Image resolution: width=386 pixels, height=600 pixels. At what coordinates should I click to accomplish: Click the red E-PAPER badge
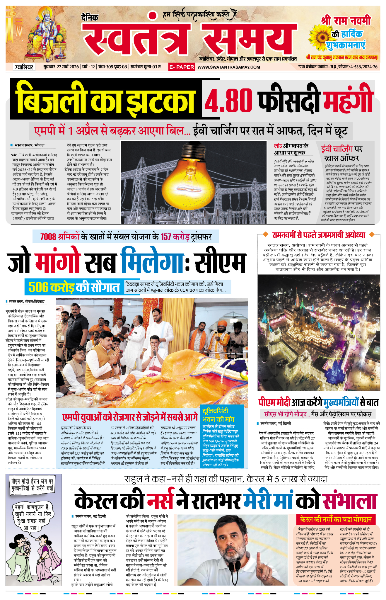tap(182, 67)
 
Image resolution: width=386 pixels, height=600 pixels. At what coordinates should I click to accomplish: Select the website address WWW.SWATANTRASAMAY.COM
tap(229, 67)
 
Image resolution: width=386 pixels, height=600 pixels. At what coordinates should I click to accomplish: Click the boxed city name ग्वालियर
tap(24, 67)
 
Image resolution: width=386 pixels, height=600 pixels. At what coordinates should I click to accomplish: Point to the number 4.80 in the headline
tap(228, 100)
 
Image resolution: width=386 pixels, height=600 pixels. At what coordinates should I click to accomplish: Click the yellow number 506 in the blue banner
tap(39, 287)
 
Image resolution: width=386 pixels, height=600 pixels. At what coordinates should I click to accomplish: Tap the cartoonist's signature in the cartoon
tap(55, 580)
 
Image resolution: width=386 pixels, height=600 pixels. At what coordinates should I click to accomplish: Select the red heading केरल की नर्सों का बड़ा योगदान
tap(336, 519)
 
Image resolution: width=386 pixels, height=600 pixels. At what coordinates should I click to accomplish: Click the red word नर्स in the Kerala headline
tap(160, 502)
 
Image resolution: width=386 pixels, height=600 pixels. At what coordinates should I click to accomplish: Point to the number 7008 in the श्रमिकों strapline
tap(48, 236)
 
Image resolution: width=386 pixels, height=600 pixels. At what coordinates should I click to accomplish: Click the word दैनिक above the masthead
tap(90, 18)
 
